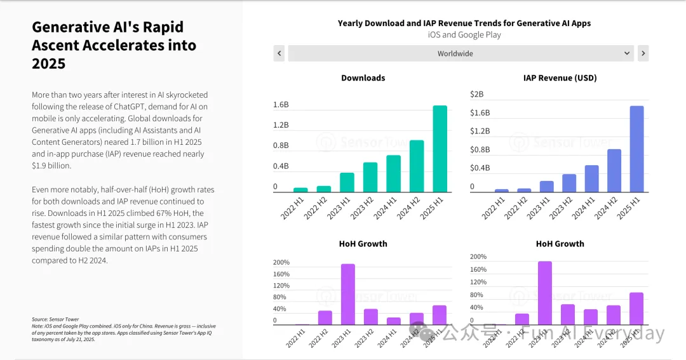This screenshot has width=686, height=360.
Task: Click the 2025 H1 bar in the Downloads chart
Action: [440, 149]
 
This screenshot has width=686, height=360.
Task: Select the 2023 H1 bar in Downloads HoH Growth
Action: [347, 294]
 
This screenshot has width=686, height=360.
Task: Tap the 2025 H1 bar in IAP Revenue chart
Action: [636, 149]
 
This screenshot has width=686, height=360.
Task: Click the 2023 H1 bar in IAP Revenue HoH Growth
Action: [545, 293]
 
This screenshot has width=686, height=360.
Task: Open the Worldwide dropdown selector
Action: [461, 53]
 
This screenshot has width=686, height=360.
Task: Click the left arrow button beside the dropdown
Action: [279, 53]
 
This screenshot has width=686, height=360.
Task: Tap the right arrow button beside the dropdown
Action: [643, 53]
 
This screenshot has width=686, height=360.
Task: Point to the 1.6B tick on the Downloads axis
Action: [281, 105]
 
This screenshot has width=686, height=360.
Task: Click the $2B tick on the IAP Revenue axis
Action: [476, 95]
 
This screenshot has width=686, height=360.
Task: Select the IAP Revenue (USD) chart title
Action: [560, 78]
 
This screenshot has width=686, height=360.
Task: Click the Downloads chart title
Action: [363, 78]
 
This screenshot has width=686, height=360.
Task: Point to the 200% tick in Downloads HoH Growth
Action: [281, 262]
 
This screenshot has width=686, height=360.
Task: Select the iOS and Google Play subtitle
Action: [464, 35]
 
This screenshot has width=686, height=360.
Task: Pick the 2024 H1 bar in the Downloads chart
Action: [394, 173]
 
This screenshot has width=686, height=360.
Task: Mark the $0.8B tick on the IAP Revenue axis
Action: [480, 150]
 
